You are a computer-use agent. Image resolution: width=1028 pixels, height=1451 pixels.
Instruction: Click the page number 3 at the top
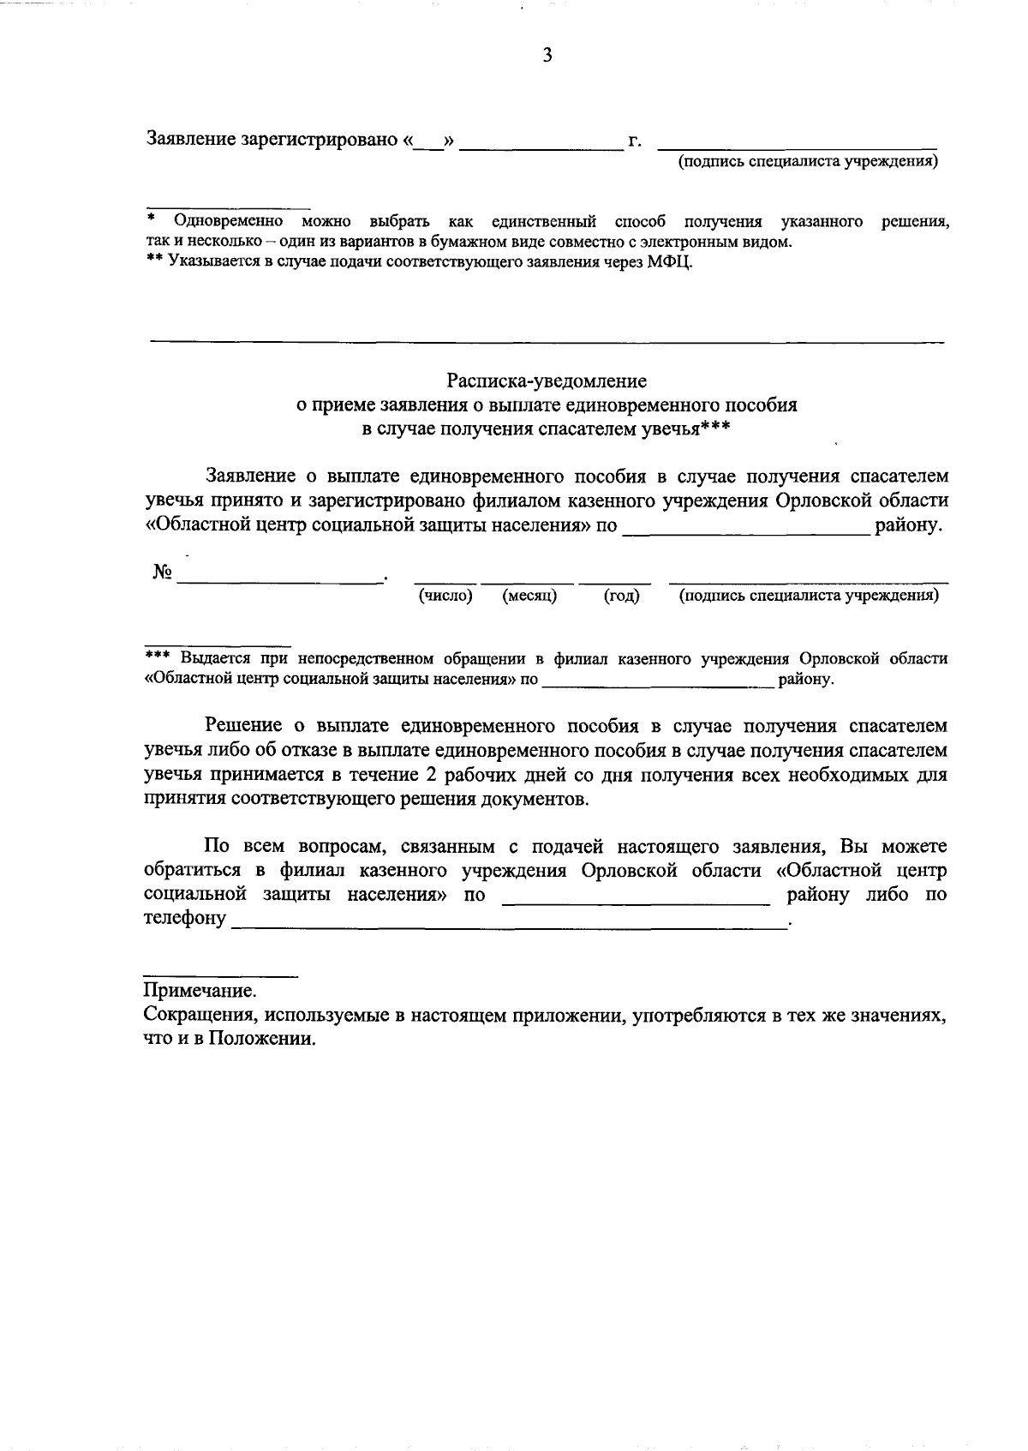pos(547,56)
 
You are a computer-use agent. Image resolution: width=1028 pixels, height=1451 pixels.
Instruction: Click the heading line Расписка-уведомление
pos(547,381)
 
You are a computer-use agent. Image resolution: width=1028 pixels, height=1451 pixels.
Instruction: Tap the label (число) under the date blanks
pos(445,596)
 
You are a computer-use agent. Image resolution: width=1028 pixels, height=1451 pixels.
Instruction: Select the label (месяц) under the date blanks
pos(529,596)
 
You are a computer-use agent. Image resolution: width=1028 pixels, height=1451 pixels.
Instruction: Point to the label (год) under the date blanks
pos(622,596)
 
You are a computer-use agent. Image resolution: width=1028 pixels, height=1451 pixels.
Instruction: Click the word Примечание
pos(200,992)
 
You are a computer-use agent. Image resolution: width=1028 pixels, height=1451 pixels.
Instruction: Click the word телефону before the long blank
pos(185,920)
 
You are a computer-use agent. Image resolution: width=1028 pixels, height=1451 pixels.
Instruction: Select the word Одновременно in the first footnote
pos(229,222)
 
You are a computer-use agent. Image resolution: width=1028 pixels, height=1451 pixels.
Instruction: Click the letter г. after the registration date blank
pos(635,141)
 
